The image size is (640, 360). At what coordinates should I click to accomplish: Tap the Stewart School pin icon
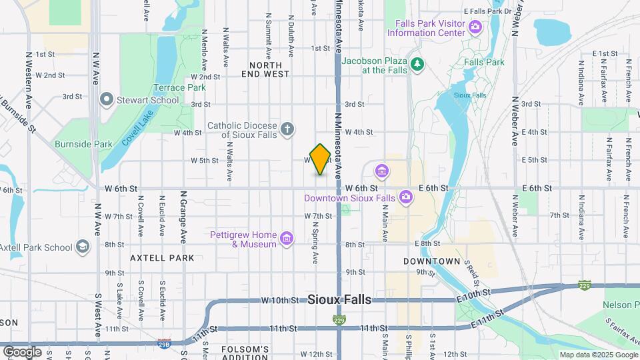point(106,100)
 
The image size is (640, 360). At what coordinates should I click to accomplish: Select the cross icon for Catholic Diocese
point(287,129)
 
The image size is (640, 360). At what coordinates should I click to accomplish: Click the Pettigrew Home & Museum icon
point(287,239)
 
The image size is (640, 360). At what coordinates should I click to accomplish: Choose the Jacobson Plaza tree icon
point(418,64)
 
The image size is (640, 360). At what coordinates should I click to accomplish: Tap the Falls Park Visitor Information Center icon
point(475,27)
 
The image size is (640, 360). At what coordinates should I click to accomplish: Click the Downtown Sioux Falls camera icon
point(405,197)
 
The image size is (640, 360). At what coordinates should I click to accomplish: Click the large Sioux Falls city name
point(339,300)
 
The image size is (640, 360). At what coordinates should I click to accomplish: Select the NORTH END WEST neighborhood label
point(270,69)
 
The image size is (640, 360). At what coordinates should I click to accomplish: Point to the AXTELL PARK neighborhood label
point(162,258)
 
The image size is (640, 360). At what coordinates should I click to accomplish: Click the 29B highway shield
point(164,344)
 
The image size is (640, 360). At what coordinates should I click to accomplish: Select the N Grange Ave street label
point(183,217)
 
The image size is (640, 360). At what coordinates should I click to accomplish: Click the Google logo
point(22,351)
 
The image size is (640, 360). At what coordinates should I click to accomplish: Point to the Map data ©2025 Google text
point(598,355)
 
